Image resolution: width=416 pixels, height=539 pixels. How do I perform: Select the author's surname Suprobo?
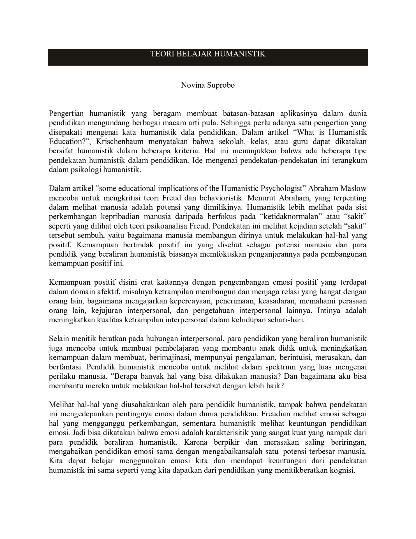(220, 85)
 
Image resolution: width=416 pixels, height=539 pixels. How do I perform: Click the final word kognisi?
(343, 471)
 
